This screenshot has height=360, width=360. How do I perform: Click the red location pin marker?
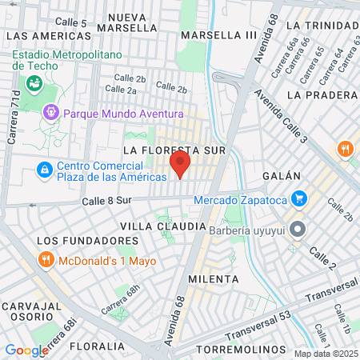point(180,164)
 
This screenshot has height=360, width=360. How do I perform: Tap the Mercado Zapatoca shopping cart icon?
point(299,198)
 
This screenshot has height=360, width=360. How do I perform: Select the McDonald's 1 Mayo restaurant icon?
point(46,259)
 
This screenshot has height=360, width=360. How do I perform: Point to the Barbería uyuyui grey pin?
point(298,230)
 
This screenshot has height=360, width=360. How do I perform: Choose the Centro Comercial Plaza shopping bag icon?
point(44,170)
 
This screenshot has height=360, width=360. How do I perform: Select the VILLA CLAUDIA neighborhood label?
point(162,226)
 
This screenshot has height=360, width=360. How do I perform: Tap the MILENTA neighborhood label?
point(213,278)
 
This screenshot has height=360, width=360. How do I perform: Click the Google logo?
point(26,350)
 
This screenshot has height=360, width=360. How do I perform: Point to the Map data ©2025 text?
point(324,354)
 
